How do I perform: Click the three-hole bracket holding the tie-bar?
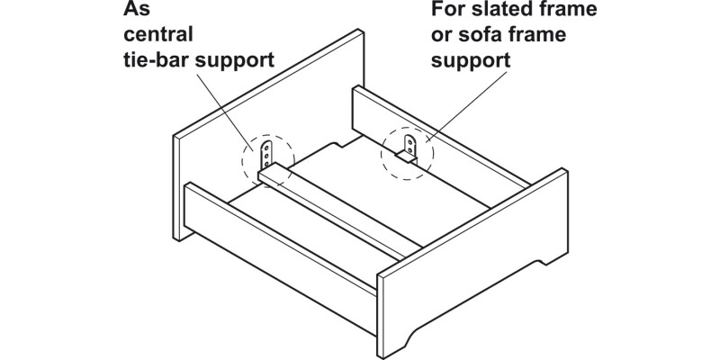267,155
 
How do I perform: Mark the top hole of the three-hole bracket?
267,145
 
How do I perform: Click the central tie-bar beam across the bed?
342,211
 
